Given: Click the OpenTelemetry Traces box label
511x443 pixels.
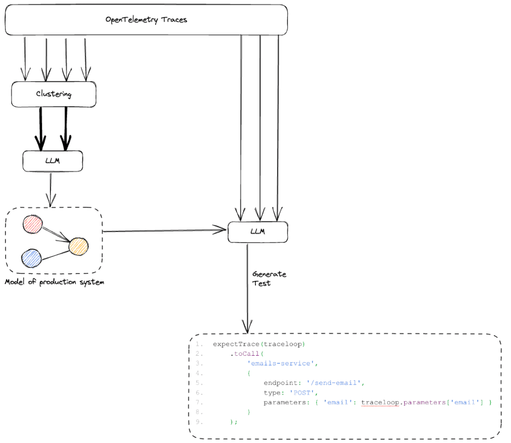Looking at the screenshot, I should point(146,20).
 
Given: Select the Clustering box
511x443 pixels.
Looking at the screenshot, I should point(53,94).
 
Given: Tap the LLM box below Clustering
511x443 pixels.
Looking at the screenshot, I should point(52,161).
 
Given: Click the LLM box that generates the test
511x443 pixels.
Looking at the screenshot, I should point(257,232).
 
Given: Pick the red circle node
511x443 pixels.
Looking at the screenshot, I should point(33,224).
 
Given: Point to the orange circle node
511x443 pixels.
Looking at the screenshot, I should point(78,246).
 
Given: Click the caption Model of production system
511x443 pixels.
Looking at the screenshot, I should point(54,282).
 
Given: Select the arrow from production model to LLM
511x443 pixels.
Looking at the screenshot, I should point(165,231).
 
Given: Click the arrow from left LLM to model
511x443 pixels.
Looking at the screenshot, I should point(49,192).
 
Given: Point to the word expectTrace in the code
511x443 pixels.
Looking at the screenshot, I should point(233,344).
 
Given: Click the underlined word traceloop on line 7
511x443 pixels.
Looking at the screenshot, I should point(379,402).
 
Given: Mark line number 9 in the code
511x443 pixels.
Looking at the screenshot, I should point(199,422).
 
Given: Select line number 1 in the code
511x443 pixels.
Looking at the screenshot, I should point(199,344).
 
